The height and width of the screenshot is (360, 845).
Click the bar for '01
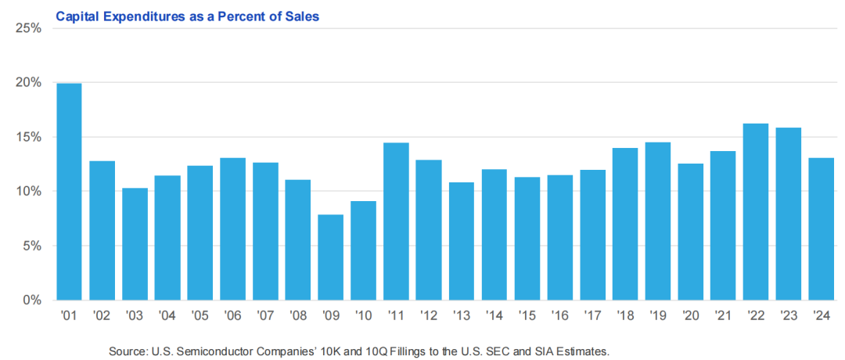click(70, 192)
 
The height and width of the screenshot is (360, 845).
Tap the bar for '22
click(755, 212)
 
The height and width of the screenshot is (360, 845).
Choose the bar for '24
click(820, 229)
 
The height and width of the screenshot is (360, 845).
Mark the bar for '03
click(135, 244)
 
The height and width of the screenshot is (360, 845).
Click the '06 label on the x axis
click(232, 317)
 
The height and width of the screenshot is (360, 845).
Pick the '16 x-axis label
click(559, 317)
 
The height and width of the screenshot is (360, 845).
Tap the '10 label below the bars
click(363, 317)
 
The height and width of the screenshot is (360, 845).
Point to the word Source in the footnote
click(128, 351)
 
